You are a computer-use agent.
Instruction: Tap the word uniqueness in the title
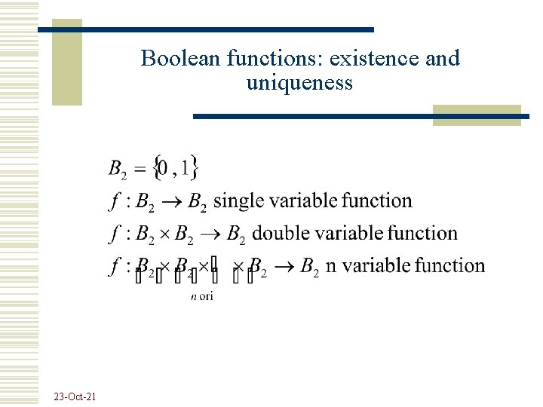pyautogui.click(x=299, y=82)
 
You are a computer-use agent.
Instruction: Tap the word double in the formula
pyautogui.click(x=279, y=234)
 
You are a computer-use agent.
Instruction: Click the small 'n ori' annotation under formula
pyautogui.click(x=201, y=296)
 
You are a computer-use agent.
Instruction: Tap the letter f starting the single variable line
pyautogui.click(x=114, y=201)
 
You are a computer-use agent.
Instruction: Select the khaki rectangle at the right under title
pyautogui.click(x=477, y=115)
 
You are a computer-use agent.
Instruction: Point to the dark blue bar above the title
pyautogui.click(x=205, y=29)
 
